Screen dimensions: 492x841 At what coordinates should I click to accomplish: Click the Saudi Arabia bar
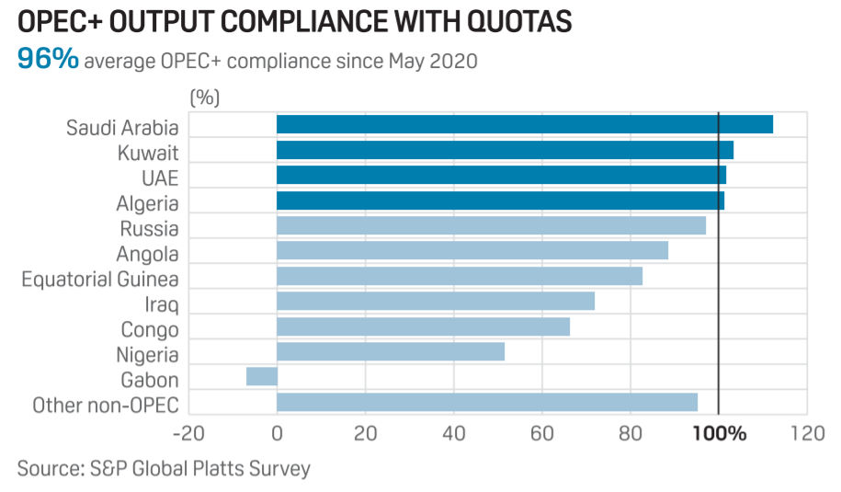524,125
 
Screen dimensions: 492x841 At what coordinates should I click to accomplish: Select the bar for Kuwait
505,150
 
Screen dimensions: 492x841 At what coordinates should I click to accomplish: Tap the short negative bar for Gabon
262,376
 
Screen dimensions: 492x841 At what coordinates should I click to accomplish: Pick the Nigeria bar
391,351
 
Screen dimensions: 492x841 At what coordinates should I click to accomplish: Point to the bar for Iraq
436,301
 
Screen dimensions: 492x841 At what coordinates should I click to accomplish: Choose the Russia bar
491,225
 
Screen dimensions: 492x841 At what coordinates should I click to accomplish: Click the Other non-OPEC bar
487,402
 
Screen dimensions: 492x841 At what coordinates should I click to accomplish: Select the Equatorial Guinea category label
100,279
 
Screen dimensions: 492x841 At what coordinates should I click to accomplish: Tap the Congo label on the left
149,329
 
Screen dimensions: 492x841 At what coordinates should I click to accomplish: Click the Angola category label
147,254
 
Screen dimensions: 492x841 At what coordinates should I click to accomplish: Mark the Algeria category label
148,203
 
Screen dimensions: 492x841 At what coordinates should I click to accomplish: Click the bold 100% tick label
718,433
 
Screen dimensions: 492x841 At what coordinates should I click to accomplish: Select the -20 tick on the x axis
188,433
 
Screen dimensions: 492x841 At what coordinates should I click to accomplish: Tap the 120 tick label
806,433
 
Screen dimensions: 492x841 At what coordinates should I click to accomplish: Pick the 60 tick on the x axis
541,433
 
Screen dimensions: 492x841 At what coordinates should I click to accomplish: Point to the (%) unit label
204,96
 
